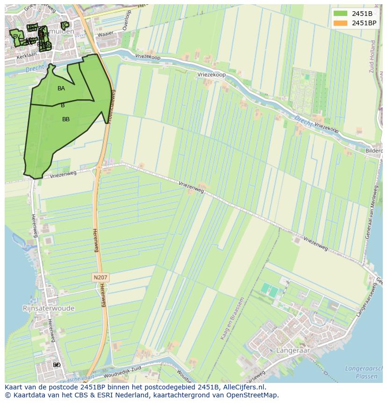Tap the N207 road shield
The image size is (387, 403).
100,278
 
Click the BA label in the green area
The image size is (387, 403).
61,88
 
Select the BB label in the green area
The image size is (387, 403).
66,119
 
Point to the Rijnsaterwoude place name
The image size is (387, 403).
49,308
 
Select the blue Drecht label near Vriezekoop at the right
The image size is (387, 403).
304,120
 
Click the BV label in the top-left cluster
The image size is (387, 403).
17,37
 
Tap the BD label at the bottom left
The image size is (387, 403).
57,365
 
